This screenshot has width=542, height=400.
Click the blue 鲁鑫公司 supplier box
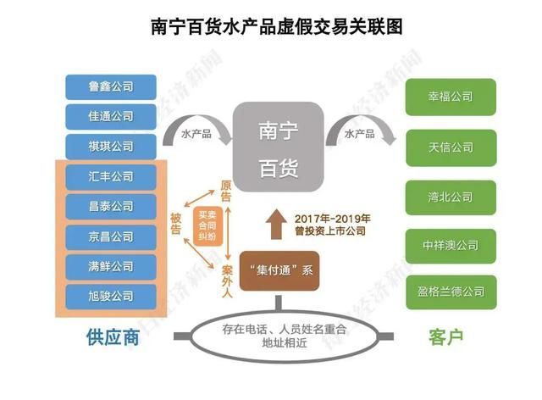111,86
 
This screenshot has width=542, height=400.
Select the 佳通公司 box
111,117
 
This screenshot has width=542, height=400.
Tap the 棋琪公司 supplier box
111,147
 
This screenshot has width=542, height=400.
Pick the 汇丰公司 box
111,177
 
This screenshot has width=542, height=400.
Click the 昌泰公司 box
111,207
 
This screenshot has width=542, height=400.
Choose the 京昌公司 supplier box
111,237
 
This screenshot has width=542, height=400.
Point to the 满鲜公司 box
111,267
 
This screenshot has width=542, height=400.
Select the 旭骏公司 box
111,297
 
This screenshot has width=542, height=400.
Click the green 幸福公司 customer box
451,97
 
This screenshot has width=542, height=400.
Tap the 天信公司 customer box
451,147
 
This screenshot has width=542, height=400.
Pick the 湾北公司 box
451,197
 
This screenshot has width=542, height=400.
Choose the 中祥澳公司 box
451,246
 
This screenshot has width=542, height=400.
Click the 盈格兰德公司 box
451,292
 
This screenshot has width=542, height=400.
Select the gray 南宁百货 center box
279,147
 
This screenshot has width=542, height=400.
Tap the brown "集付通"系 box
279,270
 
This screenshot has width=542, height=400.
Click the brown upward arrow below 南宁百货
276,225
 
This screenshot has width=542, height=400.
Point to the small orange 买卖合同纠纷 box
207,226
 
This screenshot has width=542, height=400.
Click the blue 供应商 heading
113,337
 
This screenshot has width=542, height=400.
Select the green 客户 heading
445,337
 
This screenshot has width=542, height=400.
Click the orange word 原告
226,191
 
